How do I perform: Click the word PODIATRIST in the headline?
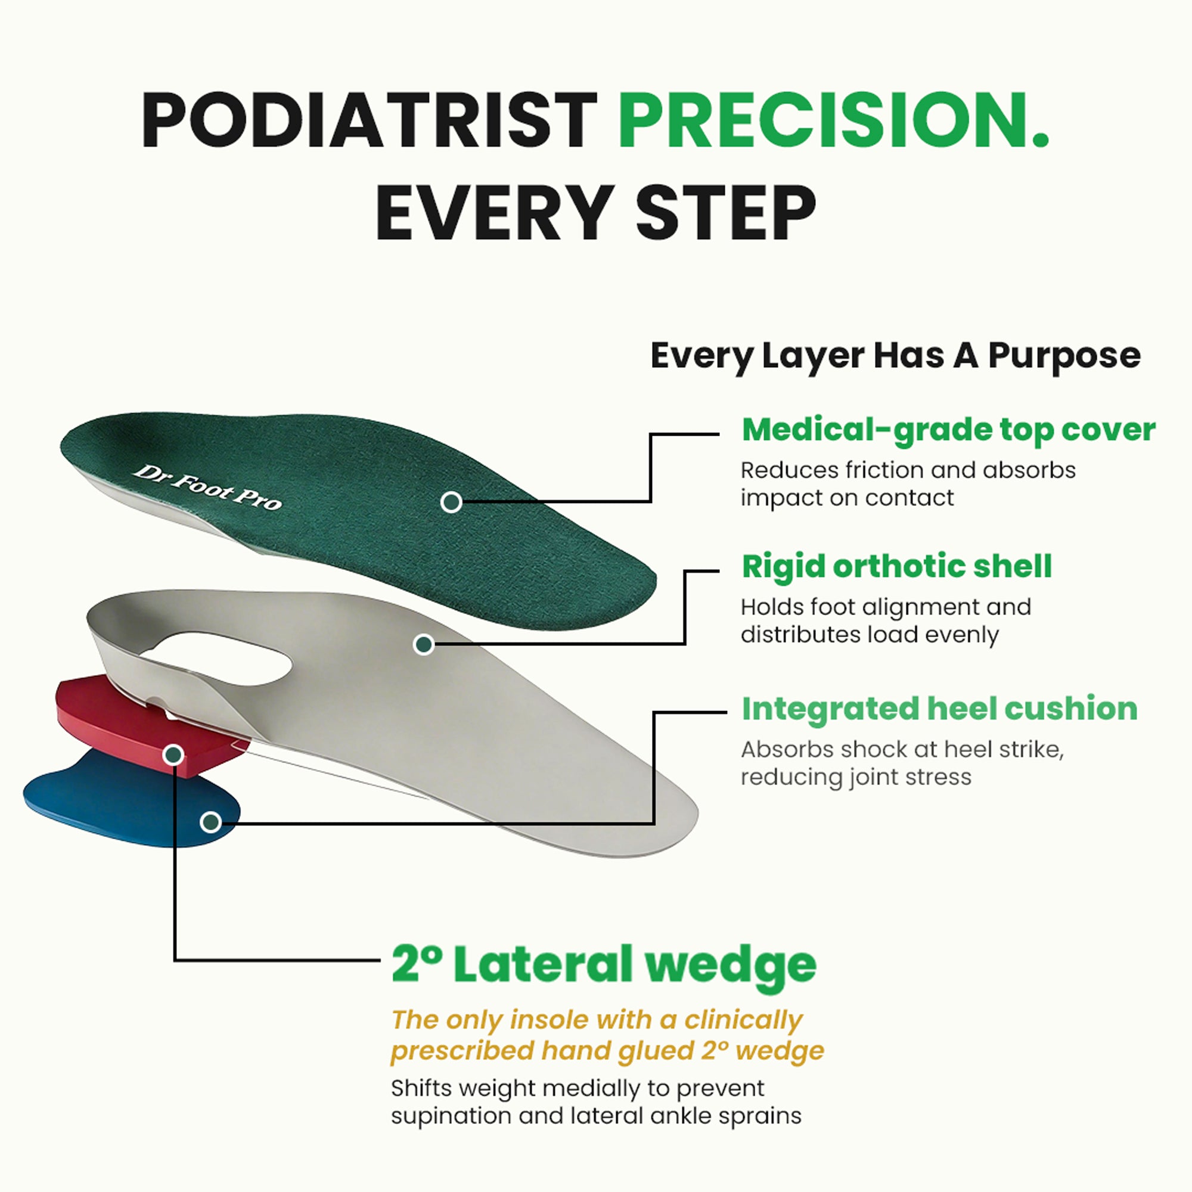pos(369,120)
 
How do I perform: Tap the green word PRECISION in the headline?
pos(833,120)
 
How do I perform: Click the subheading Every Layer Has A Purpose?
pos(895,356)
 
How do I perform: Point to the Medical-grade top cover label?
pos(948,430)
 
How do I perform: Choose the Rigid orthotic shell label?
pos(896,566)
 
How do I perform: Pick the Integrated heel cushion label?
pos(939,708)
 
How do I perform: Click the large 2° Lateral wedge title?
pos(603,964)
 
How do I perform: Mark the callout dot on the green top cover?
pos(451,502)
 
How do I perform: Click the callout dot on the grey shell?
pos(424,645)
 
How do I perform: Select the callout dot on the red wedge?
pos(174,755)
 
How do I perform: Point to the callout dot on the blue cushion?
pos(211,822)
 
